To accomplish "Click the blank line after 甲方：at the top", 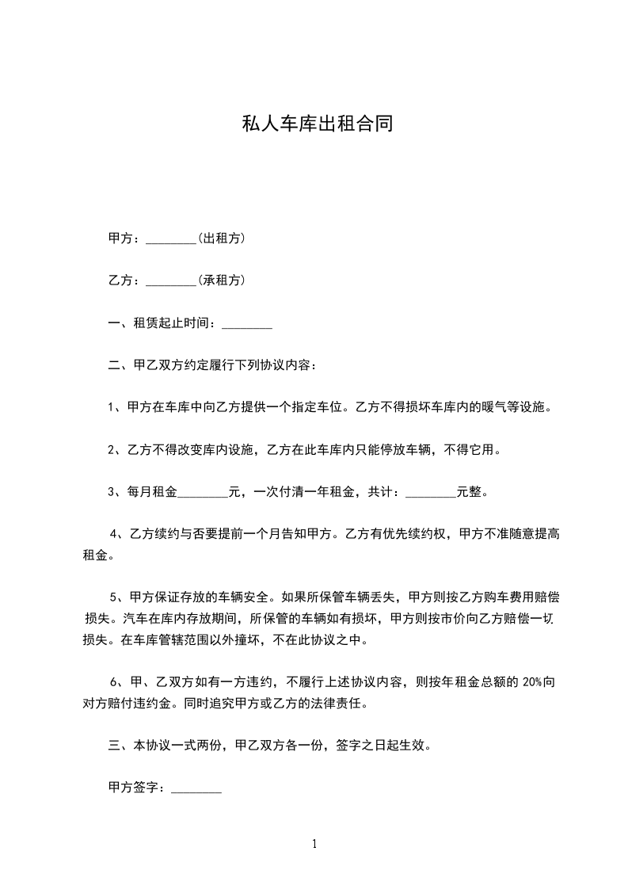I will tap(171, 238).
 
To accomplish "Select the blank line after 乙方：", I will tap(171, 280).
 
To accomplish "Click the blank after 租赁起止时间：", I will tap(247, 323).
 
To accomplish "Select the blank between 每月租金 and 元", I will tap(203, 492).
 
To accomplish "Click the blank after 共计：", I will tap(431, 492).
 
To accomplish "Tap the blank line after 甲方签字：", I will tap(196, 788).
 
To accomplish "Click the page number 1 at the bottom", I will tap(314, 844).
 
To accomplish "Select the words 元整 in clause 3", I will tap(469, 492).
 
